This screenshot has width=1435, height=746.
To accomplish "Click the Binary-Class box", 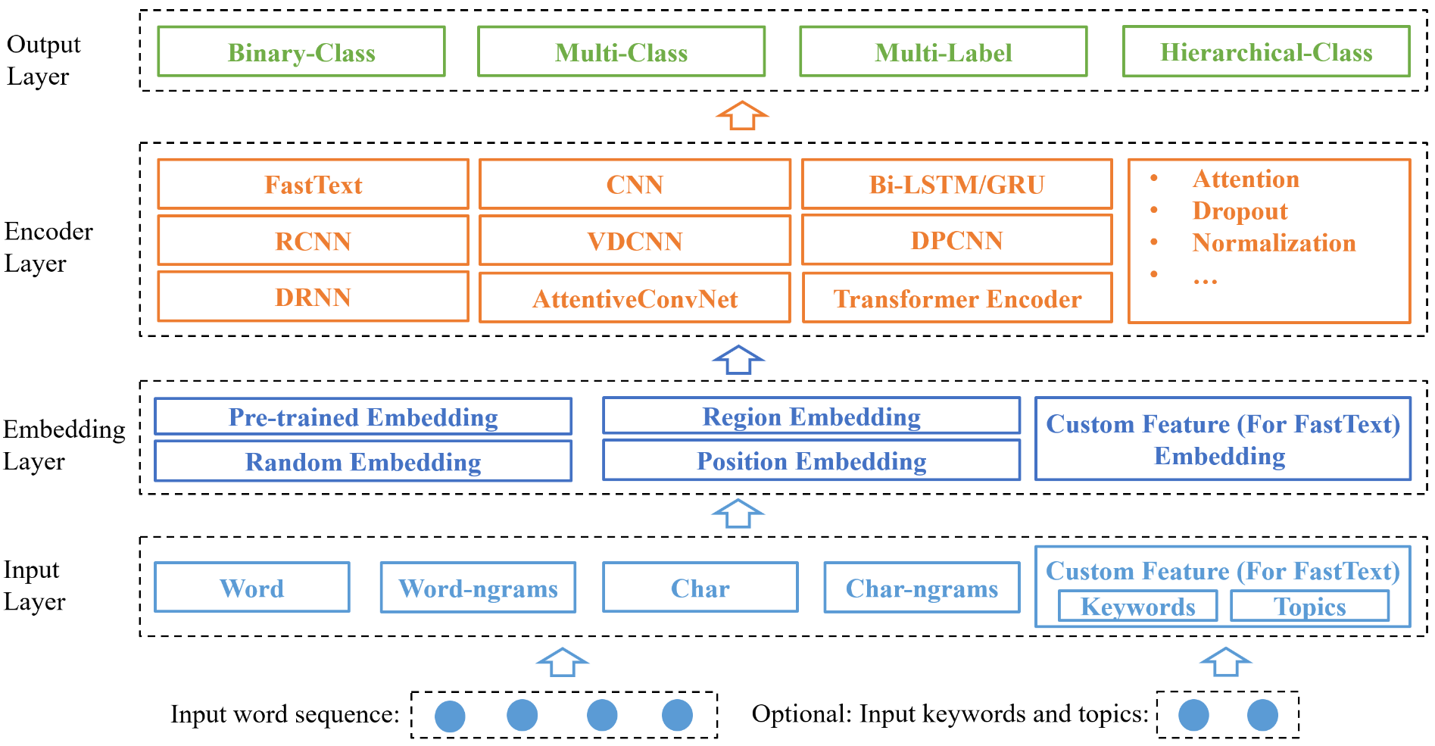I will pos(301,52).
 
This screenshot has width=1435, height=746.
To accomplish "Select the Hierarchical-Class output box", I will pos(1265,52).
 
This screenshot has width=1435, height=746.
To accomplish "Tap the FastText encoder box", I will pos(313,184).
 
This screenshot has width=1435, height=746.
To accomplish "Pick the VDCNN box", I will pos(635,241).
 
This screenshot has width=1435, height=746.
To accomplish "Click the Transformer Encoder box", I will pos(957,298).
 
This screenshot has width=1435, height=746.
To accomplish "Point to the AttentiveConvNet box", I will pos(635,298).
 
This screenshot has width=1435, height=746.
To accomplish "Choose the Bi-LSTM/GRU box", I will pos(956,184).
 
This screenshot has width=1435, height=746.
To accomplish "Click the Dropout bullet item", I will pos(1239,211).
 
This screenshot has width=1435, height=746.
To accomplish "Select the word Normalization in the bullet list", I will pos(1273,242).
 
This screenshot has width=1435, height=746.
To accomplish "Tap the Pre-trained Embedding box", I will pos(363,417).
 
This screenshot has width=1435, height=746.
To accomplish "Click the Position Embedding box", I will pos(811,460).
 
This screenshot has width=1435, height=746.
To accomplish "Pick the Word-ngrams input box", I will pos(478,588).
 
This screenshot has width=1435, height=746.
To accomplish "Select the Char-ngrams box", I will pos(922,588).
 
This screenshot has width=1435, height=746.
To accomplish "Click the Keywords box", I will pos(1137,606).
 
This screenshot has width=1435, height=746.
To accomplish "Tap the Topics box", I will pos(1309,606).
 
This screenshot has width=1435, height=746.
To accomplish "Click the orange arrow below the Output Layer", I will pos(742,116).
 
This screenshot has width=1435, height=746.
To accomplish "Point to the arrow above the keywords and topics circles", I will pos(1225,662).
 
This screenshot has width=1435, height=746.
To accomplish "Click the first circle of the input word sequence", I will pos(450,716).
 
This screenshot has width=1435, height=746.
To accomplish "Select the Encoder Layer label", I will pos(48,247).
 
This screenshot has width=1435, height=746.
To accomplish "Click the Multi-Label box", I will pos(943,52).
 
